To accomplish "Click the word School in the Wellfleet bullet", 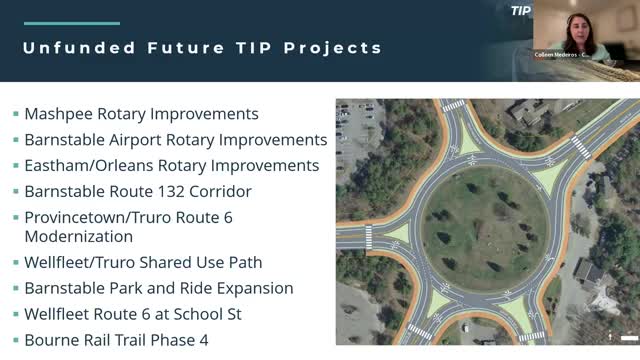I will point(229,314).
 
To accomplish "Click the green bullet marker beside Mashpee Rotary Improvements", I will point(16,115).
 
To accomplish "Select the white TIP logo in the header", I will point(520,11).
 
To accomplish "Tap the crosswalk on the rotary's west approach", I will point(369,238).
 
